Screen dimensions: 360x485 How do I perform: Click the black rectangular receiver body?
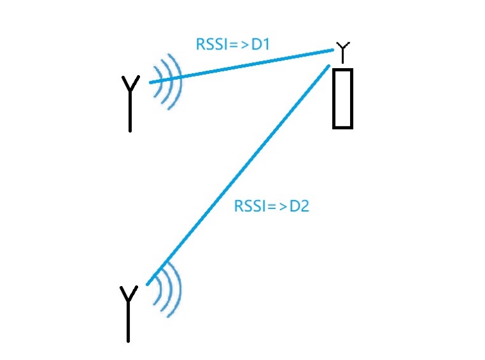pyautogui.click(x=343, y=98)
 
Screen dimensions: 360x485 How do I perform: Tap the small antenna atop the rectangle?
pyautogui.click(x=344, y=50)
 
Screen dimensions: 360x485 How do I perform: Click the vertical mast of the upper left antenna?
pyautogui.click(x=130, y=113)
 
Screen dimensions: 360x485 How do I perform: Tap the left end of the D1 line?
pyautogui.click(x=150, y=82)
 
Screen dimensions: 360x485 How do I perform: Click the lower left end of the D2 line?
pyautogui.click(x=148, y=283)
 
